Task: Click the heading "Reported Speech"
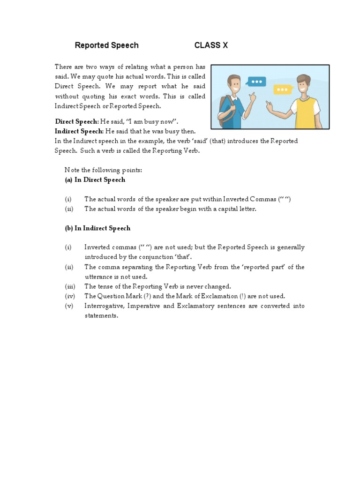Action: click(107, 45)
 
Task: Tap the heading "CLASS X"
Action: click(211, 45)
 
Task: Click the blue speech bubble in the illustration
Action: click(256, 82)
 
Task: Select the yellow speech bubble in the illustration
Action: click(282, 89)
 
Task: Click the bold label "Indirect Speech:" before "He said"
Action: click(79, 131)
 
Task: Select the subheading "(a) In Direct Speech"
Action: click(95, 180)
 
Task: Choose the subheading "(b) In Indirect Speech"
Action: click(97, 228)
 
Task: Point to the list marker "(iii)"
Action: click(69, 286)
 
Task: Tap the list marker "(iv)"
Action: click(69, 296)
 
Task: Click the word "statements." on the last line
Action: click(101, 316)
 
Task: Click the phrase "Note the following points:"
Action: click(103, 170)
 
